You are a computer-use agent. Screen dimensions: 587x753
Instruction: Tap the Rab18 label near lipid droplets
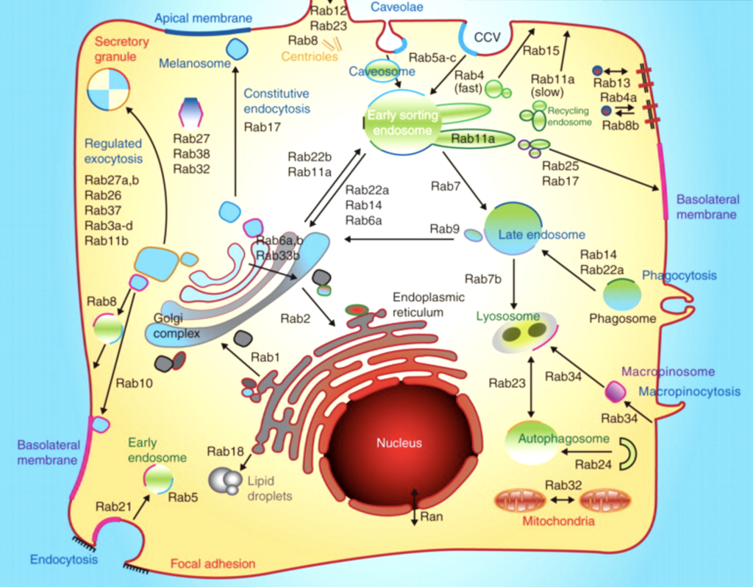(x=221, y=451)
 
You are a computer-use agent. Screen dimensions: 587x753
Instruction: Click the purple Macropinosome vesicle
(x=614, y=391)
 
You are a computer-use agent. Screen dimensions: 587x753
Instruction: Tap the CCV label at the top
(x=487, y=36)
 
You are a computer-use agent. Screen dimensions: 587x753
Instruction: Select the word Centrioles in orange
(x=310, y=56)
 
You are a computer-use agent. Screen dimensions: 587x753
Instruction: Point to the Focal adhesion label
(x=213, y=564)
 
